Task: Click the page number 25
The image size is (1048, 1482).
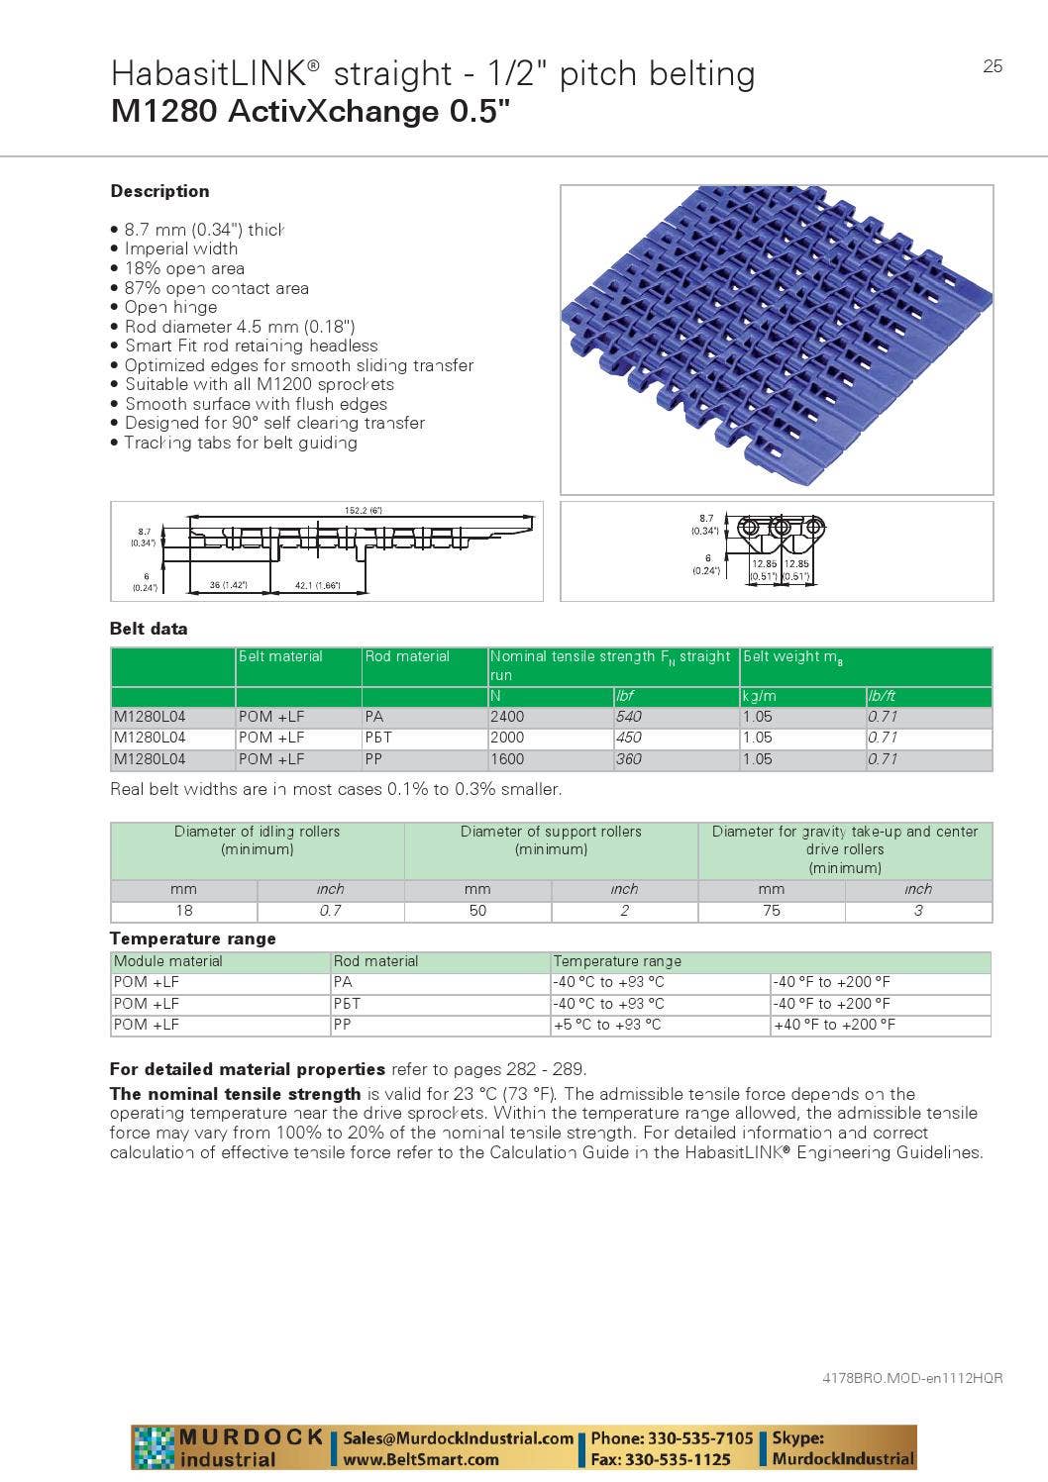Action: (993, 66)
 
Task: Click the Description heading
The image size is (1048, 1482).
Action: (159, 191)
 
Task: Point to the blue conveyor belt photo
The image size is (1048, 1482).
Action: (777, 339)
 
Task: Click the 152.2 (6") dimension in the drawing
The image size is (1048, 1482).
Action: (363, 511)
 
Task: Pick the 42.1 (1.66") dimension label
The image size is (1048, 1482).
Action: (317, 586)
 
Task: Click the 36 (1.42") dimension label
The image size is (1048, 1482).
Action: (228, 586)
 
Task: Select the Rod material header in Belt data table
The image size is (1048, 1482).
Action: (407, 656)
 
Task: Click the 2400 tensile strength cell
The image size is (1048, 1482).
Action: (507, 717)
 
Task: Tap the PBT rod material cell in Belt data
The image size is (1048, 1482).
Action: (378, 738)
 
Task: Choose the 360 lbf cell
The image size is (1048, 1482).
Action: (628, 759)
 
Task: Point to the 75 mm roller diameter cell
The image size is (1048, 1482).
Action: (771, 911)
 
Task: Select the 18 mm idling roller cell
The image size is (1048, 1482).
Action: (184, 911)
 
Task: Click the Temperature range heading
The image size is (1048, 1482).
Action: (193, 939)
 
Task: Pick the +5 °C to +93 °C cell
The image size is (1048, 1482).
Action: (607, 1025)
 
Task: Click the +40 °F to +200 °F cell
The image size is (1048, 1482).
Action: (834, 1025)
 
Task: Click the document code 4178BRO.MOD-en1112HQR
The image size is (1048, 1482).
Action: (912, 1378)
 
